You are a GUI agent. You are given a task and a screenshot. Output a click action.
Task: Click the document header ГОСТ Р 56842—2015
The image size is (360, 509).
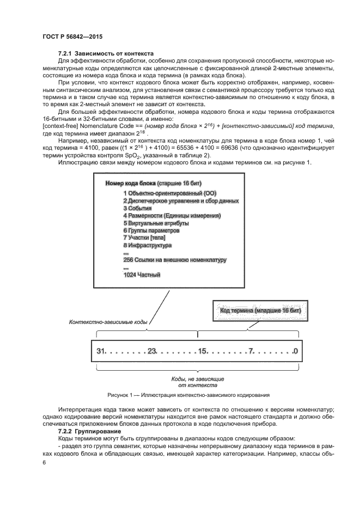72,36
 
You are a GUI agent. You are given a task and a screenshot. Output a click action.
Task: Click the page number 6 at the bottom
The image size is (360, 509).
44,462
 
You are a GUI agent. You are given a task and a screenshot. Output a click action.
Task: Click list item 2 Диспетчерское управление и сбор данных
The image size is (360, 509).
181,200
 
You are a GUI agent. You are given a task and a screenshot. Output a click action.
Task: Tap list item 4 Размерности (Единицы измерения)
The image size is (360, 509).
172,216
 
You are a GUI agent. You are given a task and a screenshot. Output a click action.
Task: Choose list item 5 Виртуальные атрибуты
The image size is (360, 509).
156,223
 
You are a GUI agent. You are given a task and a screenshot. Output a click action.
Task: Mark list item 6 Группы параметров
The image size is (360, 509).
151,230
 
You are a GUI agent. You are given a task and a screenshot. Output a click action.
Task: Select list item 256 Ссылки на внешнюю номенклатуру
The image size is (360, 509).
175,260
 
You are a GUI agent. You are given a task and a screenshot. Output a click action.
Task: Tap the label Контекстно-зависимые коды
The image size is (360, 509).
108,322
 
